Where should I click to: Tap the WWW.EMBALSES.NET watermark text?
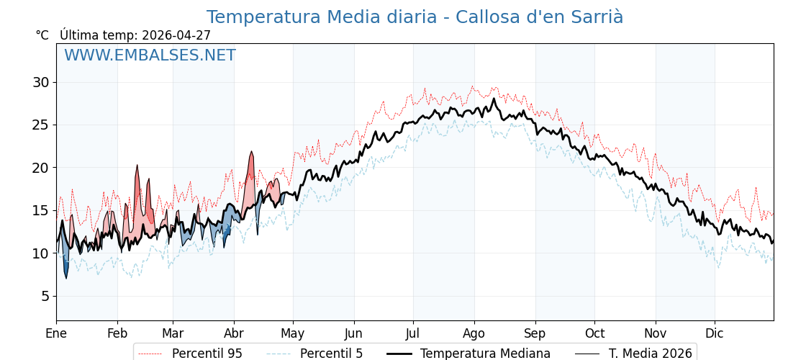tap(150, 55)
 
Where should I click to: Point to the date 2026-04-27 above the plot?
tap(176, 35)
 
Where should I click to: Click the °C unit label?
tap(42, 35)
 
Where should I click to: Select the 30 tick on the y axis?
tap(41, 82)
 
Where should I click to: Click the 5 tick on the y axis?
tap(45, 296)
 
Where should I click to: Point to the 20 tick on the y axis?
tap(41, 168)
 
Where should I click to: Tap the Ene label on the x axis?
tap(56, 333)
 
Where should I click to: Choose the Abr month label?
tap(234, 333)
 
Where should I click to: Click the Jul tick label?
tap(413, 333)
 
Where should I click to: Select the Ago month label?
tap(474, 333)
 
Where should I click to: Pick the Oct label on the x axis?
tap(594, 333)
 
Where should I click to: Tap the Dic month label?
tap(715, 333)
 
